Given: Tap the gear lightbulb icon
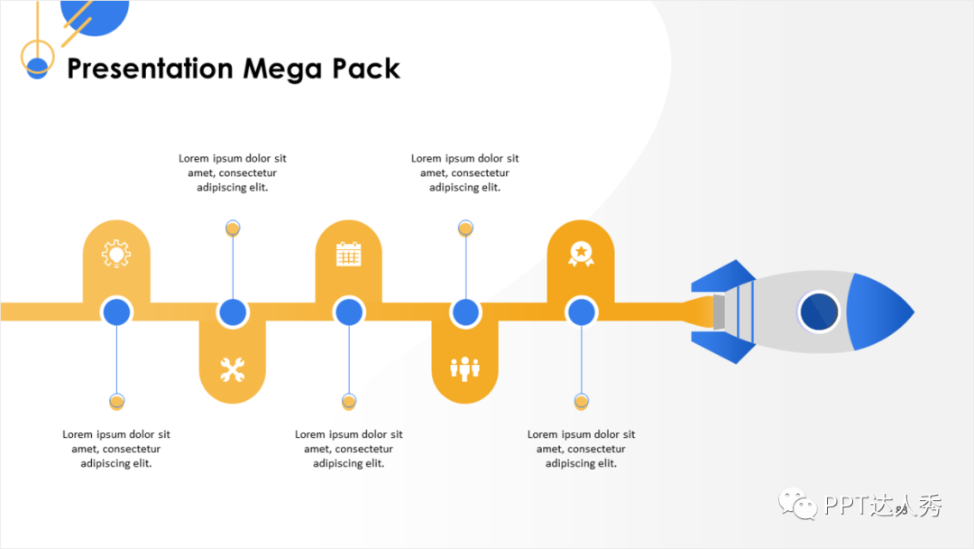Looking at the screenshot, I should pos(116,254).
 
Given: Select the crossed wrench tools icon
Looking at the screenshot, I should pos(233,369).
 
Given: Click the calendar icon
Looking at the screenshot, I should pos(348,254).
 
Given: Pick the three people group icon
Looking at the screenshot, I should pos(465,368).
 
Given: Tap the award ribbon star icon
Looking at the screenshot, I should pos(581,253).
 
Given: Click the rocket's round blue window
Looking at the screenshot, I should pos(819,312).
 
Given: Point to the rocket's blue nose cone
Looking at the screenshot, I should pos(878,312).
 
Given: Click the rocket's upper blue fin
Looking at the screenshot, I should pos(724,274).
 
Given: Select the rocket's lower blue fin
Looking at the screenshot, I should pos(724,348).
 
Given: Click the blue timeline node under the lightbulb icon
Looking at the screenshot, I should pos(116,312).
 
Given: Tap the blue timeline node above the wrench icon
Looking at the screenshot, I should pos(233,312).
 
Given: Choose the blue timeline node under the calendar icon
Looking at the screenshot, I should pos(349,312).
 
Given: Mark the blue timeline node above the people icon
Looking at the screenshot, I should pos(465,312).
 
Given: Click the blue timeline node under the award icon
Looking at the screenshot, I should pos(581,312).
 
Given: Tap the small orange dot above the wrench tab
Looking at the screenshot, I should pos(233,228).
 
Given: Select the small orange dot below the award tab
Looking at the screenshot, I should pos(581,401).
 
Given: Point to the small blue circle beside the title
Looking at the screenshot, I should pos(37,68).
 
